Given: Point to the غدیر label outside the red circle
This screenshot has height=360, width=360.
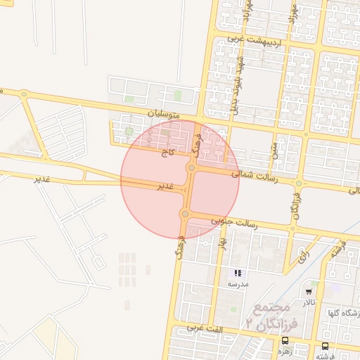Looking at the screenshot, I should [44, 179].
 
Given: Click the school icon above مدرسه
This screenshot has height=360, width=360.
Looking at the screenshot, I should [238, 273].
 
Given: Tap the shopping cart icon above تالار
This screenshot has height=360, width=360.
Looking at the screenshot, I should [309, 291].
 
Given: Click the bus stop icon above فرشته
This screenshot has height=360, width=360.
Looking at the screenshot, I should [325, 346].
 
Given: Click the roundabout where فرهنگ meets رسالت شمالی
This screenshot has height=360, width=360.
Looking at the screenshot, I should [191, 167].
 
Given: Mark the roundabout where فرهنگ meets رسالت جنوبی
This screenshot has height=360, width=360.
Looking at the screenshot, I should [185, 214].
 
